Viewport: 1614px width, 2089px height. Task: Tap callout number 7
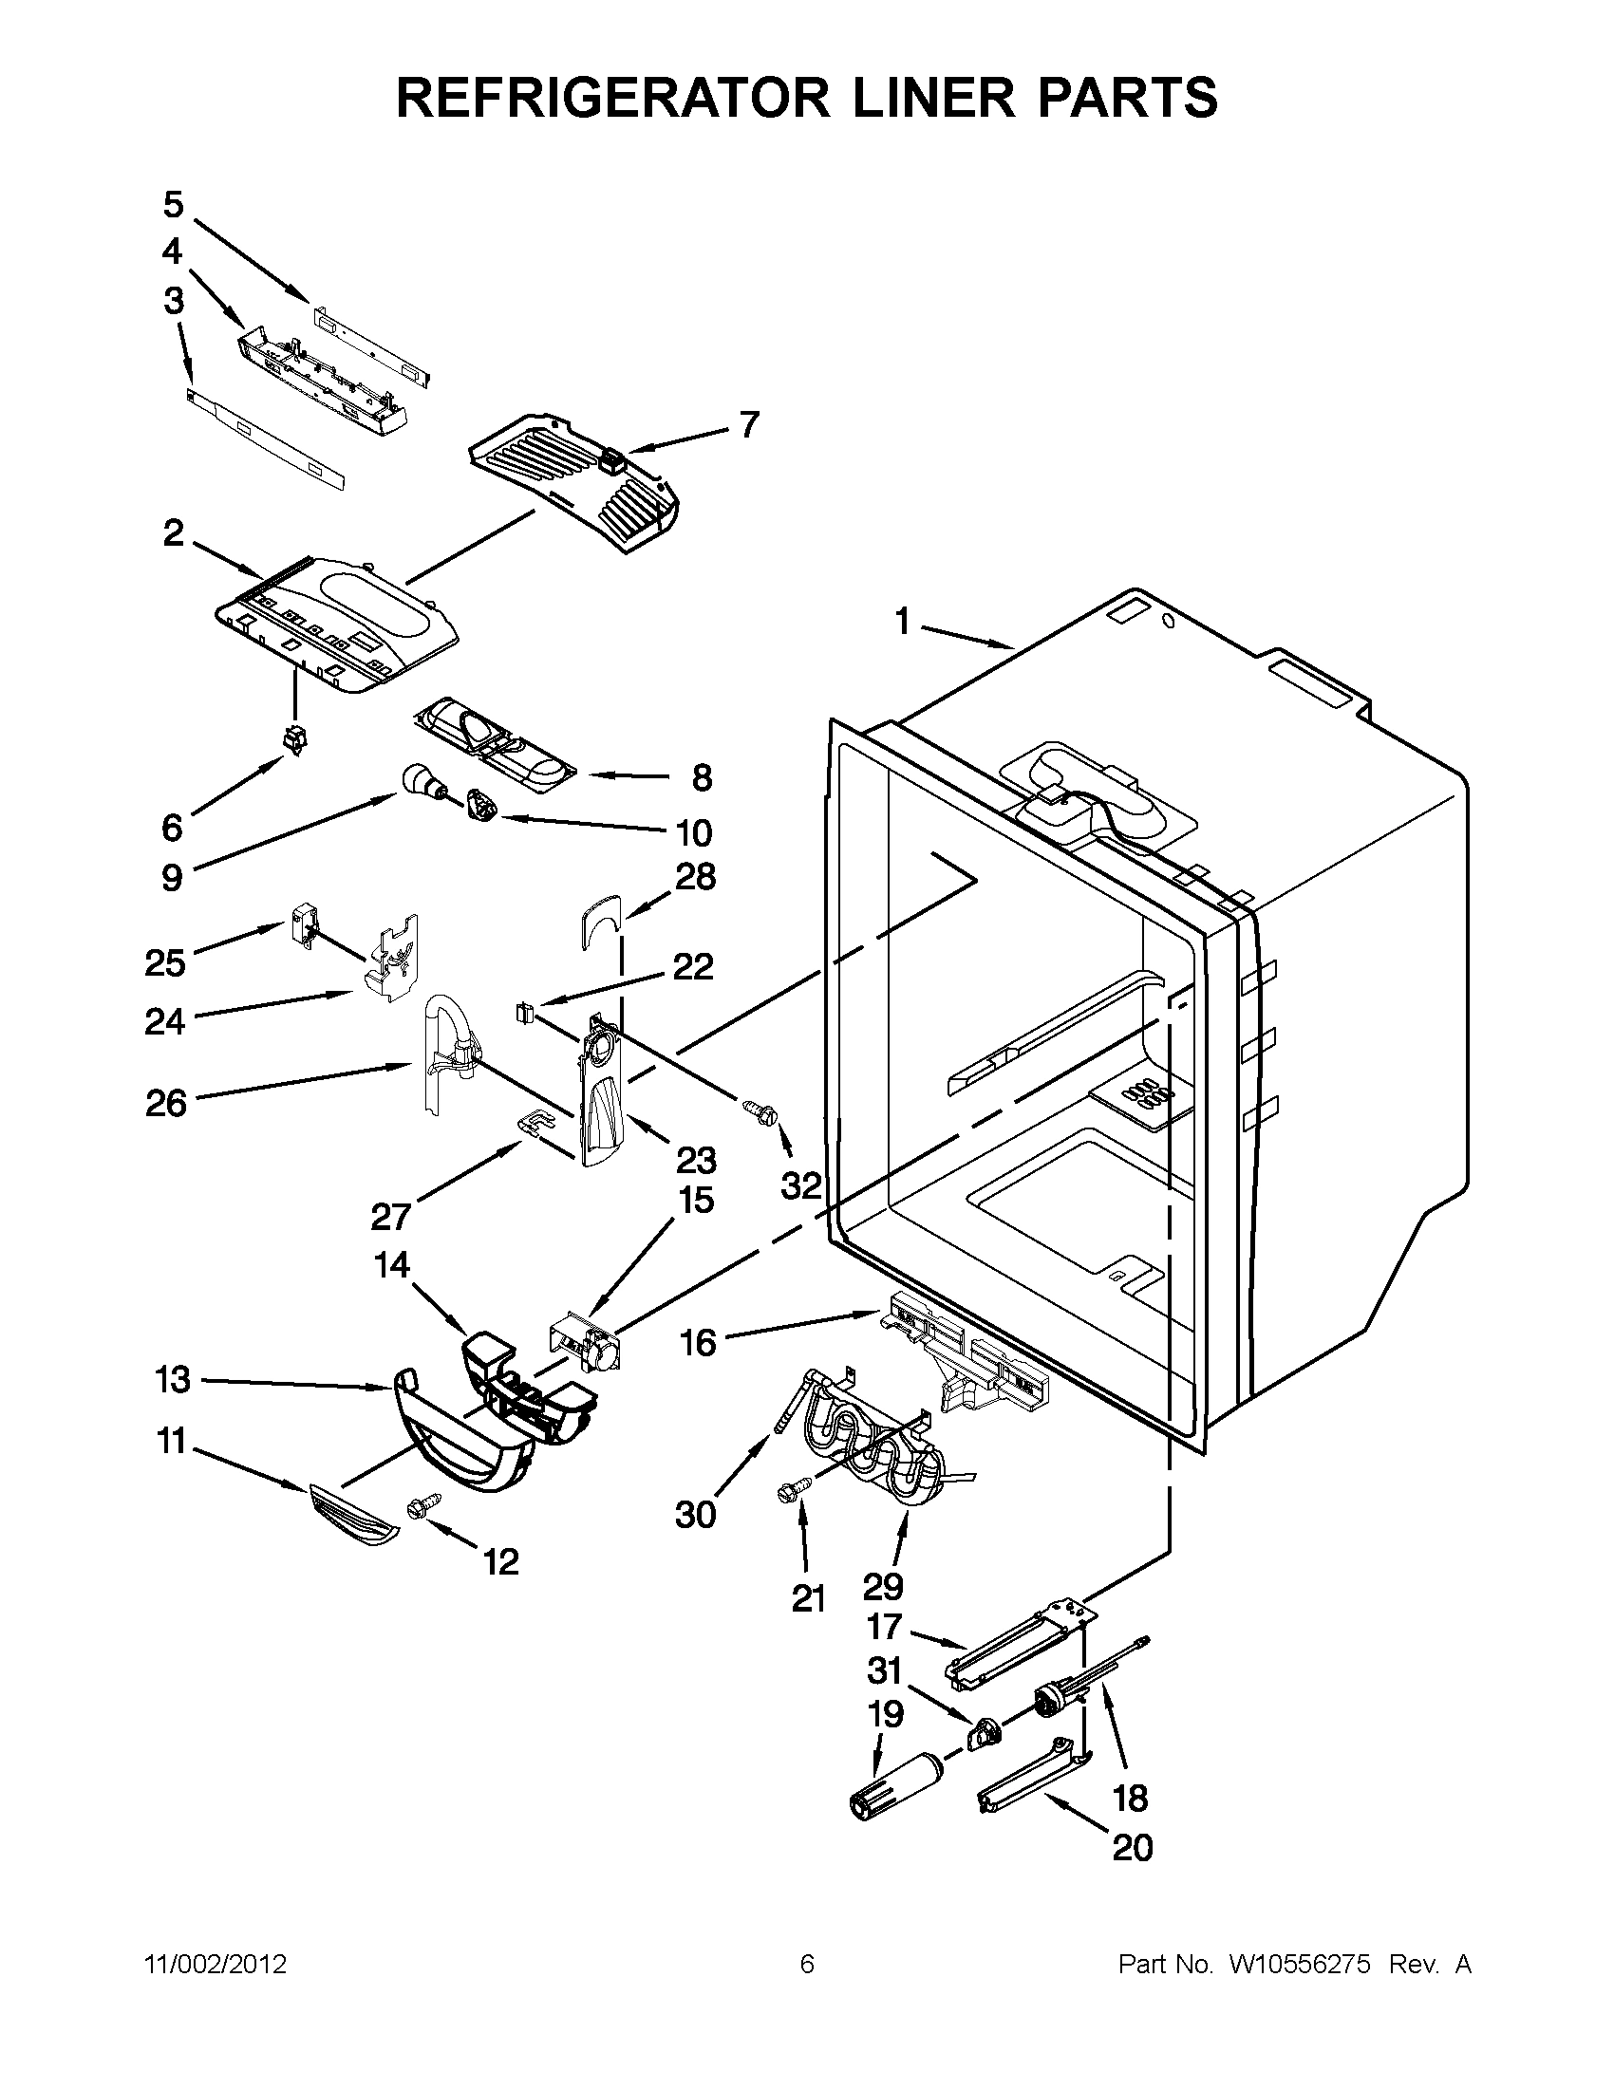(748, 424)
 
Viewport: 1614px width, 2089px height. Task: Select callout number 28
(696, 876)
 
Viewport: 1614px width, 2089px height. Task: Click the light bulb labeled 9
(423, 778)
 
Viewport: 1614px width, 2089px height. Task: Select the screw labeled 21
(796, 1488)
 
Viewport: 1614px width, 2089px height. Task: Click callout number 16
(698, 1343)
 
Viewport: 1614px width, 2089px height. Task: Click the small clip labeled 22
(524, 1009)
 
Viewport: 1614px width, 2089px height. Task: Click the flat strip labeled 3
(266, 436)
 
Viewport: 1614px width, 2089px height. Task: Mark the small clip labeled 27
(537, 1121)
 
